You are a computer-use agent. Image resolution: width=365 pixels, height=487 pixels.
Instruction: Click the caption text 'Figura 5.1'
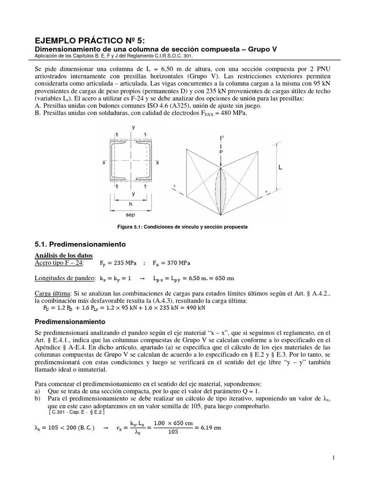(130, 227)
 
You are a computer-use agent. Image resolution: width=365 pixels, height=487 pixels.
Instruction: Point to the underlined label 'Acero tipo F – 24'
(59, 263)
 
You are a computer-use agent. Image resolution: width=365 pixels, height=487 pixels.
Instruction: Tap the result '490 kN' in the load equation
(196, 308)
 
